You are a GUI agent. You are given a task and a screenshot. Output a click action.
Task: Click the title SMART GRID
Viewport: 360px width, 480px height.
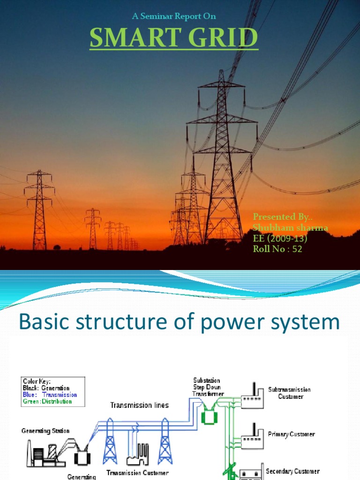coord(173,38)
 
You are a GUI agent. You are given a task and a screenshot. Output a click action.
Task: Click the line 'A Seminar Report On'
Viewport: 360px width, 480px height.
coord(174,16)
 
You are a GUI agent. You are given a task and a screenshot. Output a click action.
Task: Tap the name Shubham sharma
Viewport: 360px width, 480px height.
coord(290,227)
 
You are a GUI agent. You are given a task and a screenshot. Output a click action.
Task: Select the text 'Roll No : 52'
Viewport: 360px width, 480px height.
coord(277,249)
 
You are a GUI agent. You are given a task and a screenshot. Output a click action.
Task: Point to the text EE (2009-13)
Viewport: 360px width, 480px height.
coord(280,238)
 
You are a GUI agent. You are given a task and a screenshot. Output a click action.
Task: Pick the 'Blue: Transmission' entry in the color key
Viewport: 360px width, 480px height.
coord(50,395)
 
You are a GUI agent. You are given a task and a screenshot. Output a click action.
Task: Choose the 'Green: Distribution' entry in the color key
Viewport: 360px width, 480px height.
coord(47,401)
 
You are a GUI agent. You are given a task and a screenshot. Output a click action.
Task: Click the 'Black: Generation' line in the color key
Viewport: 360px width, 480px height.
coord(46,388)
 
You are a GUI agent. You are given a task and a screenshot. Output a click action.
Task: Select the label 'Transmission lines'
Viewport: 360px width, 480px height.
coord(139,405)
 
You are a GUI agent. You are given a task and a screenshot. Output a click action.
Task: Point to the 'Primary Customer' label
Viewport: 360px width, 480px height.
coord(291,434)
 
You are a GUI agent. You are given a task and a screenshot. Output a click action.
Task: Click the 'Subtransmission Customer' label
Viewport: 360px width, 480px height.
coord(289,393)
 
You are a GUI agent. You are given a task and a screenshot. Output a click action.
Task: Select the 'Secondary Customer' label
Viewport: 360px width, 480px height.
coord(292,471)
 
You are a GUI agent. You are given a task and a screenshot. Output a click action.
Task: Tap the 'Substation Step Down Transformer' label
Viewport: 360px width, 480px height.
coord(208,387)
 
